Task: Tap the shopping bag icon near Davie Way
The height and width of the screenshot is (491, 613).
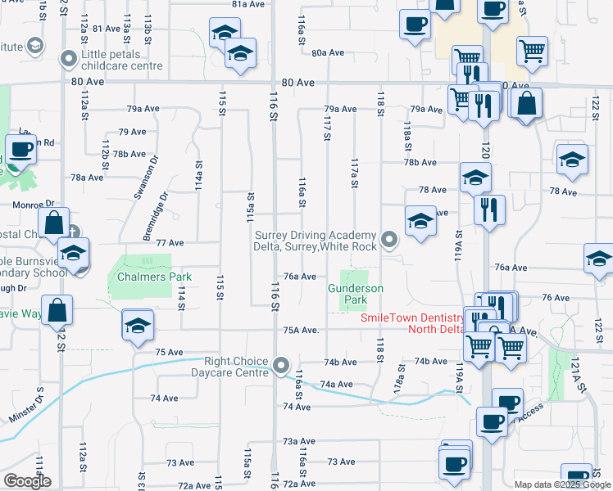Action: tap(57, 310)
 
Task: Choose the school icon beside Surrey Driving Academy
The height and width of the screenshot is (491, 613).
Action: tap(420, 220)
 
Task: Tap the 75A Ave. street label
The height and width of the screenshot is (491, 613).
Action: tap(300, 331)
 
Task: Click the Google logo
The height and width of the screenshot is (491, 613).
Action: tap(27, 481)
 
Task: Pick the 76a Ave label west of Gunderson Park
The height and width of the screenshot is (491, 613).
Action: tap(300, 277)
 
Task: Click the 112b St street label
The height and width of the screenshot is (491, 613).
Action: tap(105, 155)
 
